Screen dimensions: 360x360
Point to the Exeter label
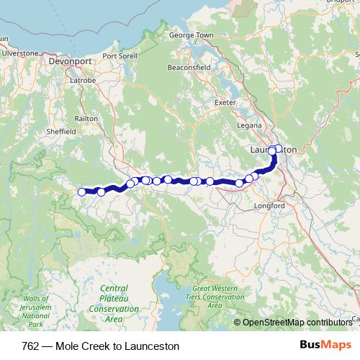tap(226, 102)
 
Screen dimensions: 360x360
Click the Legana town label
tap(249, 126)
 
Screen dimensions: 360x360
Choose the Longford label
tap(270, 206)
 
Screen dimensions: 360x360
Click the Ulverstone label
tap(19, 53)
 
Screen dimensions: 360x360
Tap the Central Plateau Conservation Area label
tap(114, 302)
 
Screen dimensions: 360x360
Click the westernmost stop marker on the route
tap(82, 192)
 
